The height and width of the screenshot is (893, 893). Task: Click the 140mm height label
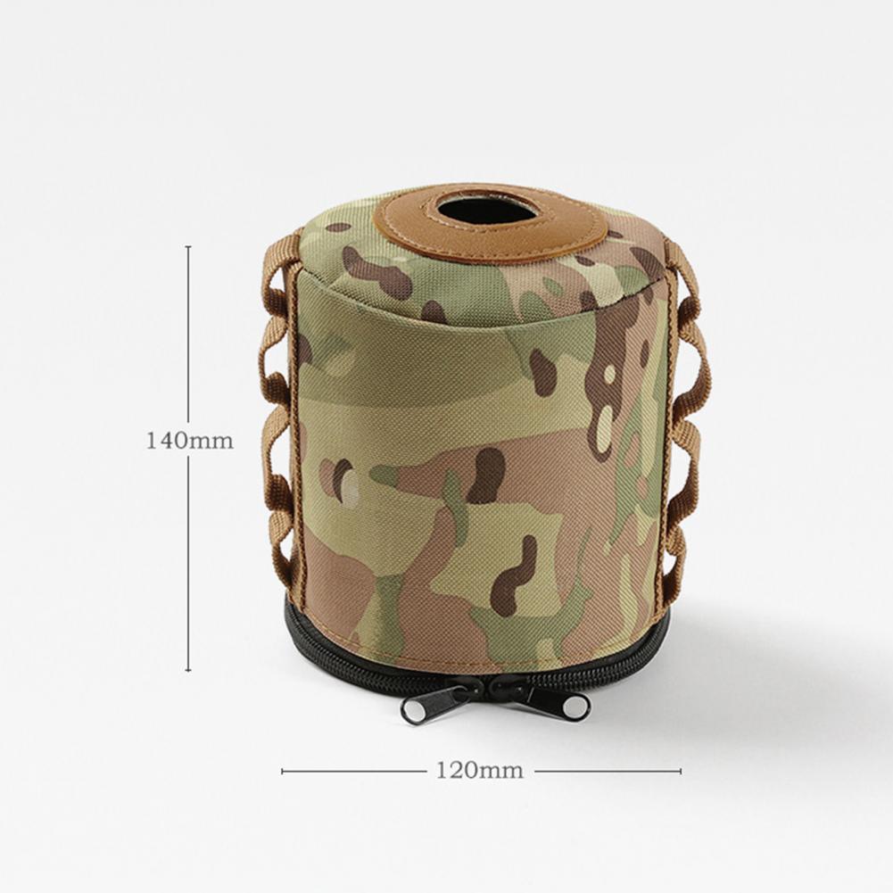click(190, 440)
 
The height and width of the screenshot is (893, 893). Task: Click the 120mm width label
click(479, 771)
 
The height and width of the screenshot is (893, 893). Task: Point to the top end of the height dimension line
click(188, 246)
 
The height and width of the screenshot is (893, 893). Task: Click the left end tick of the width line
click(283, 771)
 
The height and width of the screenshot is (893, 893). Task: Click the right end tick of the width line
click(680, 771)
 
